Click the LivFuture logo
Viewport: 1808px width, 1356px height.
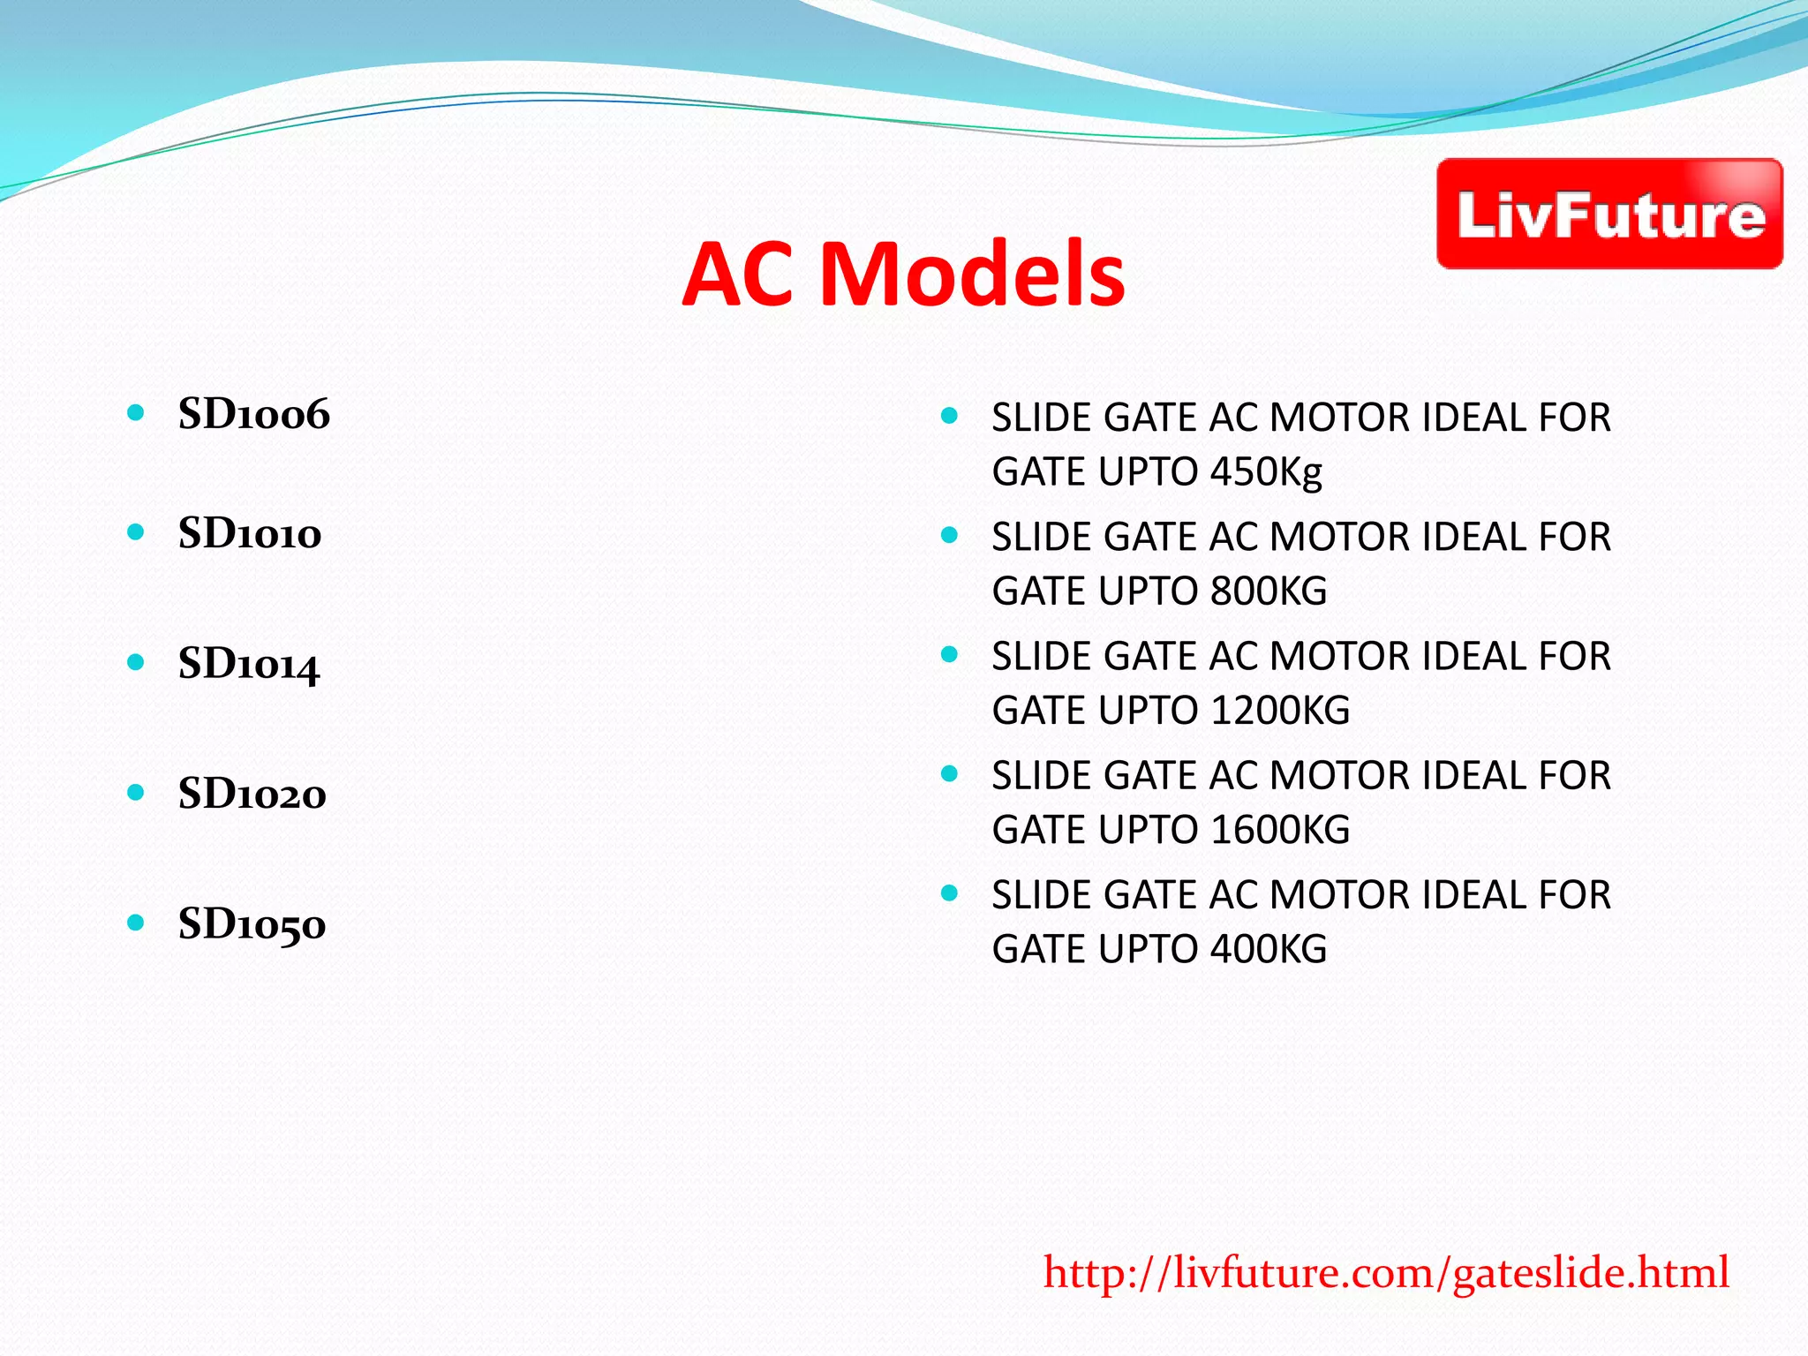pyautogui.click(x=1608, y=215)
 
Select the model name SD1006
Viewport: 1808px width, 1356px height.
pyautogui.click(x=253, y=414)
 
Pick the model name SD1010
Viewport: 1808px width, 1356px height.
pyautogui.click(x=249, y=533)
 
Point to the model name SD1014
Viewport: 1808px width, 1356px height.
pyautogui.click(x=248, y=664)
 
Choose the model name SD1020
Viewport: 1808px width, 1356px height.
pyautogui.click(x=252, y=794)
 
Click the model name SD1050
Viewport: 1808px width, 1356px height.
pyautogui.click(x=252, y=924)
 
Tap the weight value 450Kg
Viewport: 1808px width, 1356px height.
pyautogui.click(x=1266, y=472)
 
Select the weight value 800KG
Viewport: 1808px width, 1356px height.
pyautogui.click(x=1269, y=591)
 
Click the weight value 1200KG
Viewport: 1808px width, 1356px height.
pyautogui.click(x=1280, y=711)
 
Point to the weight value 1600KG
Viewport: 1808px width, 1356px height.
pyautogui.click(x=1280, y=830)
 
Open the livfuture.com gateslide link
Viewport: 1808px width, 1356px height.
pyautogui.click(x=1385, y=1273)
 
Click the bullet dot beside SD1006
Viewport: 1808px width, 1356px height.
pyautogui.click(x=135, y=412)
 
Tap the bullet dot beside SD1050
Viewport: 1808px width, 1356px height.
pyautogui.click(x=135, y=923)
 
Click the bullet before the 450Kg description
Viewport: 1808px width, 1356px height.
pyautogui.click(x=949, y=415)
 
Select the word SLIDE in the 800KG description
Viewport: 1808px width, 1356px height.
pyautogui.click(x=1041, y=537)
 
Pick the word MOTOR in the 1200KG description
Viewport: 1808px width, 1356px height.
pyautogui.click(x=1338, y=656)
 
